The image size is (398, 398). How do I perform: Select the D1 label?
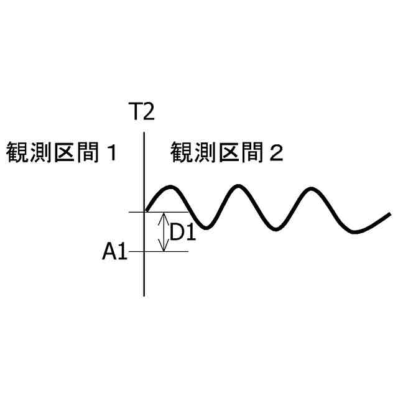click(183, 233)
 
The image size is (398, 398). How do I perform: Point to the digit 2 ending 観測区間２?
click(276, 153)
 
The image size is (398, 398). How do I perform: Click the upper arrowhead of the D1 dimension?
click(164, 215)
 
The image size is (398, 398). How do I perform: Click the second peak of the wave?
click(237, 186)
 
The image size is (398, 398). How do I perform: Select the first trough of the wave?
click(203, 227)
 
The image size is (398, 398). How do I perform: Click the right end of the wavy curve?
click(390, 215)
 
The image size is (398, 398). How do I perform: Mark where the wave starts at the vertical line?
click(146, 210)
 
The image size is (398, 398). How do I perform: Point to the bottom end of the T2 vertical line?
click(144, 295)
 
